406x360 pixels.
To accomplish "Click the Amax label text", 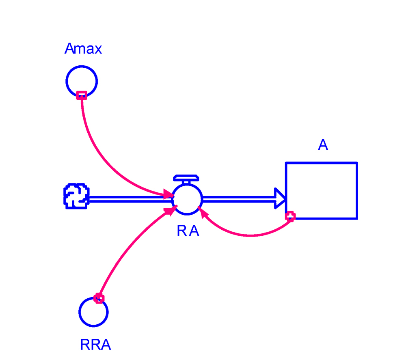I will pos(83,49).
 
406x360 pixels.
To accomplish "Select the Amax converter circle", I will pos(82,81).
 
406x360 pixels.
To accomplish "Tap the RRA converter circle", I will pos(94,312).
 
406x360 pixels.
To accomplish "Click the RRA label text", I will pos(95,345).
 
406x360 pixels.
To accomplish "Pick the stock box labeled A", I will pos(322,190).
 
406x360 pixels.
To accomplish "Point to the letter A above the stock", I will pos(323,145).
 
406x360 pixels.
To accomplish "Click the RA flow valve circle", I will pos(187,199).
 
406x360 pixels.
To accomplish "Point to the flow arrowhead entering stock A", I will pos(281,198).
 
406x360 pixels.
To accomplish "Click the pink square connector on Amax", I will pos(82,95).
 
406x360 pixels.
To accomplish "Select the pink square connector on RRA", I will pos(99,298).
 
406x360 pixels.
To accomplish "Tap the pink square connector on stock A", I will pos(290,216).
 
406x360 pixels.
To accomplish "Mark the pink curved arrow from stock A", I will pos(250,235).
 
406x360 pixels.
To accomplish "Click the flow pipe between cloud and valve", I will pos(130,199).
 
